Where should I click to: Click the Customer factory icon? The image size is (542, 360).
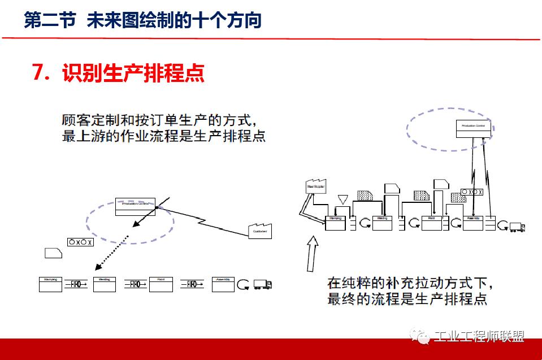(x=260, y=231)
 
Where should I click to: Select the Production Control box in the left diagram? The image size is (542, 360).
(x=135, y=206)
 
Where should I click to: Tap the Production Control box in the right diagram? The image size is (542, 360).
(x=474, y=129)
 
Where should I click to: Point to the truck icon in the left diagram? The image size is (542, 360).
(x=263, y=284)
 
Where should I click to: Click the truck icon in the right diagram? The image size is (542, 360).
(x=517, y=227)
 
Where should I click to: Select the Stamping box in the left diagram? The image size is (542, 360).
(x=50, y=284)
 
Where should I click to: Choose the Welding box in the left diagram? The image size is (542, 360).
(x=104, y=284)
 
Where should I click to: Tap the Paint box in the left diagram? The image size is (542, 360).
(x=161, y=284)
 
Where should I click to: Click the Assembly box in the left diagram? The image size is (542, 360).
(x=223, y=284)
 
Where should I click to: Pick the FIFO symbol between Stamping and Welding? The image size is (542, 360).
(x=77, y=284)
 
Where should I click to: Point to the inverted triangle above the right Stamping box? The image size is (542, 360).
(x=342, y=199)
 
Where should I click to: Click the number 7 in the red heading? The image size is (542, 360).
(x=38, y=73)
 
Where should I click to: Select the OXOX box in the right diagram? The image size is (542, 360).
(x=472, y=192)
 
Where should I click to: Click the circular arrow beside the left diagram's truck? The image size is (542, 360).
(x=243, y=284)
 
